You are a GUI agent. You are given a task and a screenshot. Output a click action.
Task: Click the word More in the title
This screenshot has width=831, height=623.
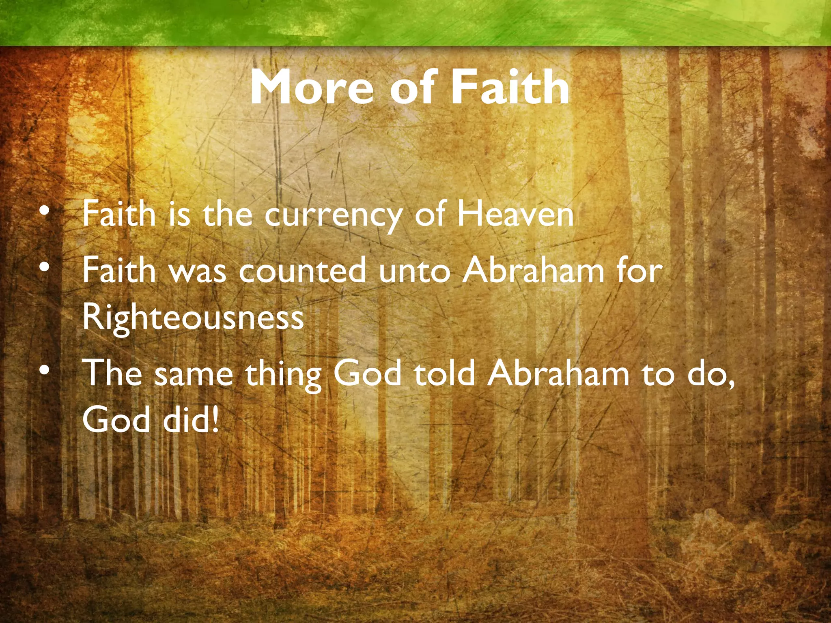pos(312,87)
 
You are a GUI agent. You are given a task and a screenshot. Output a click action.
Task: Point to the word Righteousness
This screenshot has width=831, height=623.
pos(193,317)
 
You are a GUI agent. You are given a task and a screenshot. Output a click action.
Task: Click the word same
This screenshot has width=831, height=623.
pos(194,374)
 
